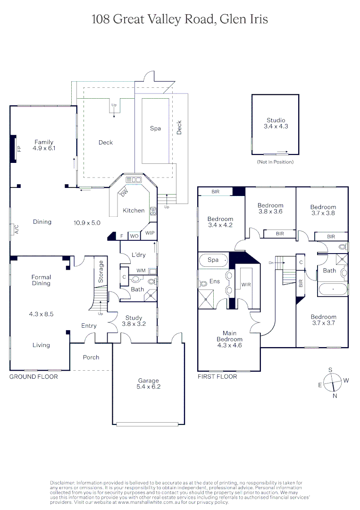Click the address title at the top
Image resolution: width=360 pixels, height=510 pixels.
180,19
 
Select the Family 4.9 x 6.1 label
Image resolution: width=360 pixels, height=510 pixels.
44,145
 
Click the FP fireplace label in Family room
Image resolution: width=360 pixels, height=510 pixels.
19,149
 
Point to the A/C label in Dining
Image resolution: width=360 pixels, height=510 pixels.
16,229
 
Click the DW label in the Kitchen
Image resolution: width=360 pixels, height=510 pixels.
124,192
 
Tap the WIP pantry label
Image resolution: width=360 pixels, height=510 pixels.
150,233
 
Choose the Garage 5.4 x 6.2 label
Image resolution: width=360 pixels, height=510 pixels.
148,383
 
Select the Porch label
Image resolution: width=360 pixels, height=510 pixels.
91,357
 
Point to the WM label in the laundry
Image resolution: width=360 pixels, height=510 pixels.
140,271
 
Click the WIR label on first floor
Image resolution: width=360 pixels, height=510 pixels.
246,285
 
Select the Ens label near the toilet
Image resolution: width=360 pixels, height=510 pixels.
215,281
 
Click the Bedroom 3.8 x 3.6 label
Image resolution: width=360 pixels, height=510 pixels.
270,208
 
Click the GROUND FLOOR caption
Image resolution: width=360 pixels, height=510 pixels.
33,377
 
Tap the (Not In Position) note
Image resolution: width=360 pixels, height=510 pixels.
275,162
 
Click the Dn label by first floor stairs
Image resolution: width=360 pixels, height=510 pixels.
271,263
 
